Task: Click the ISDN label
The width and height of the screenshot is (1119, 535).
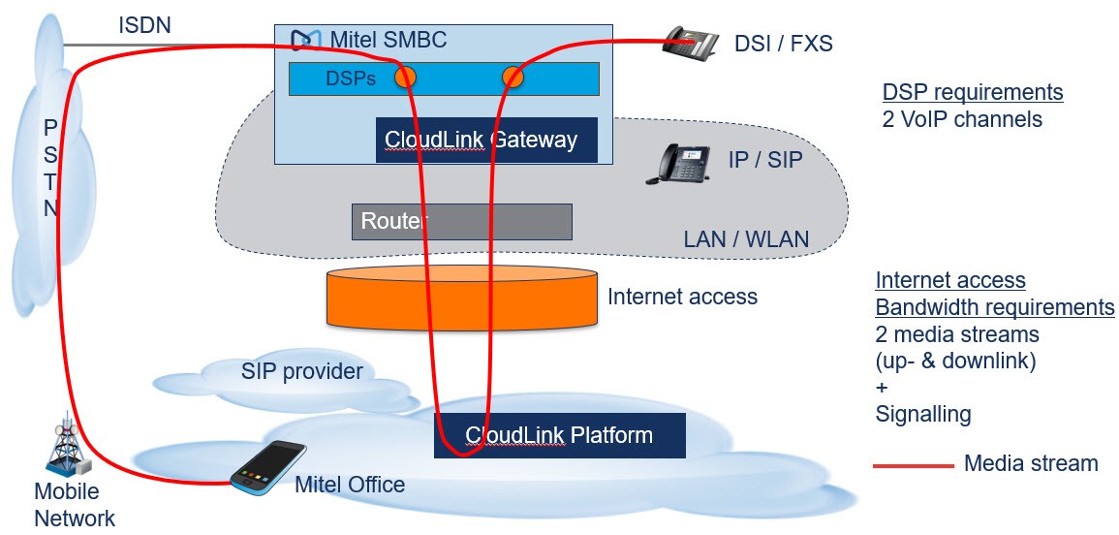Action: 145,26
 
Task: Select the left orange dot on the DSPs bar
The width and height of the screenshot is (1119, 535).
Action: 405,77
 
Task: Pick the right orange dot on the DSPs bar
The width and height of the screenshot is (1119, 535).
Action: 513,77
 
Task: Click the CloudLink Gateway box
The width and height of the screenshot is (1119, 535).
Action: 486,140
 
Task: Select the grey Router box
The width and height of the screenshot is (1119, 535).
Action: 462,221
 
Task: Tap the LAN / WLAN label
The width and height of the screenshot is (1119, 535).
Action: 746,238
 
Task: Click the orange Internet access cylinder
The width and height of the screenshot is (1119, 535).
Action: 461,297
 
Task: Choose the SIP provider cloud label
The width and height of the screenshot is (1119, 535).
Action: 301,371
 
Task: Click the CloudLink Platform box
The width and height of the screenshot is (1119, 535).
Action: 560,435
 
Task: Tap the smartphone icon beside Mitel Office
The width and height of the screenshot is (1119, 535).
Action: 267,466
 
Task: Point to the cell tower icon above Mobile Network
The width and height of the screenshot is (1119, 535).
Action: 67,446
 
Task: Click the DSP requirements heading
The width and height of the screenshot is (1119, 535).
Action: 973,93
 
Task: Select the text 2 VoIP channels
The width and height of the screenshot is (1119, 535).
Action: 962,119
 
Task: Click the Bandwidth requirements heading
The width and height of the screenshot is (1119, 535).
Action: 995,308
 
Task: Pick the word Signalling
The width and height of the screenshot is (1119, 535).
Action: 922,414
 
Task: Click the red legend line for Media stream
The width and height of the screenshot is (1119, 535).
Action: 914,466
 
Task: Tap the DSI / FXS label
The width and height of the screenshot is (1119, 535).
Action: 784,45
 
